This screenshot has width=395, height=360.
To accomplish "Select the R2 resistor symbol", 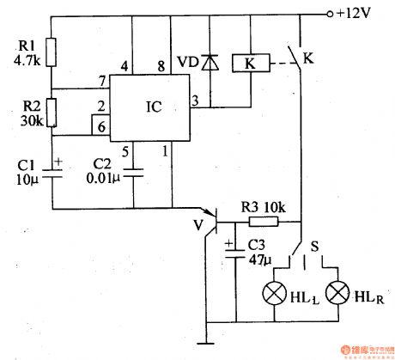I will [51, 112].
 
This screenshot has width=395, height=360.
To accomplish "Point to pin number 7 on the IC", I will [103, 80].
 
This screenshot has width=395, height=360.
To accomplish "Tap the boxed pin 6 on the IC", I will [103, 127].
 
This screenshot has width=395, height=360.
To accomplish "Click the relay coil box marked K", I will [248, 64].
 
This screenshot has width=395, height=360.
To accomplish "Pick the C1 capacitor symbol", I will [51, 169].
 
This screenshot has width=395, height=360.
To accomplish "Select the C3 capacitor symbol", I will [234, 249].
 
